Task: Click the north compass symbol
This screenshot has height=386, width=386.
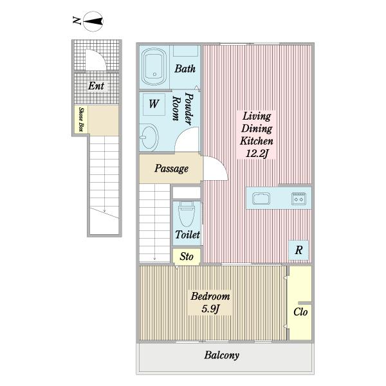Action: click(93, 21)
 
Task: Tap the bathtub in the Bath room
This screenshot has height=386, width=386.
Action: click(154, 67)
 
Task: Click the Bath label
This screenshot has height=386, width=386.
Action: click(185, 69)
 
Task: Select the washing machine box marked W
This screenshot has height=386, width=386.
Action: click(154, 104)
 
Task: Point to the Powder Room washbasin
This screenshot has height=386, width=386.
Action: click(149, 137)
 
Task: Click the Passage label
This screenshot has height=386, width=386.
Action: click(172, 169)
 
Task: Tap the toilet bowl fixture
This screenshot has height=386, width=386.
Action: click(187, 214)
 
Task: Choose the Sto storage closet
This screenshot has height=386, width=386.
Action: click(187, 257)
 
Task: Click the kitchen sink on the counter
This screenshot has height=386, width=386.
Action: click(261, 198)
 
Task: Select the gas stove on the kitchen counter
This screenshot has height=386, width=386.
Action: click(299, 199)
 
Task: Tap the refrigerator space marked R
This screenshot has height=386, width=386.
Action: click(299, 250)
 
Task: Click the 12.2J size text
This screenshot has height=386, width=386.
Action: click(257, 154)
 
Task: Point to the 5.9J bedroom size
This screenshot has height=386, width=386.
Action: click(210, 309)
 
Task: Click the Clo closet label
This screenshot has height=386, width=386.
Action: click(300, 312)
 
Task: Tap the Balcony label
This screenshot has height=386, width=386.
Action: click(221, 355)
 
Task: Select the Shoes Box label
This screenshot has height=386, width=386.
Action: click(81, 120)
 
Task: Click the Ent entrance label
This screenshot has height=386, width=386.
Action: click(96, 86)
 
